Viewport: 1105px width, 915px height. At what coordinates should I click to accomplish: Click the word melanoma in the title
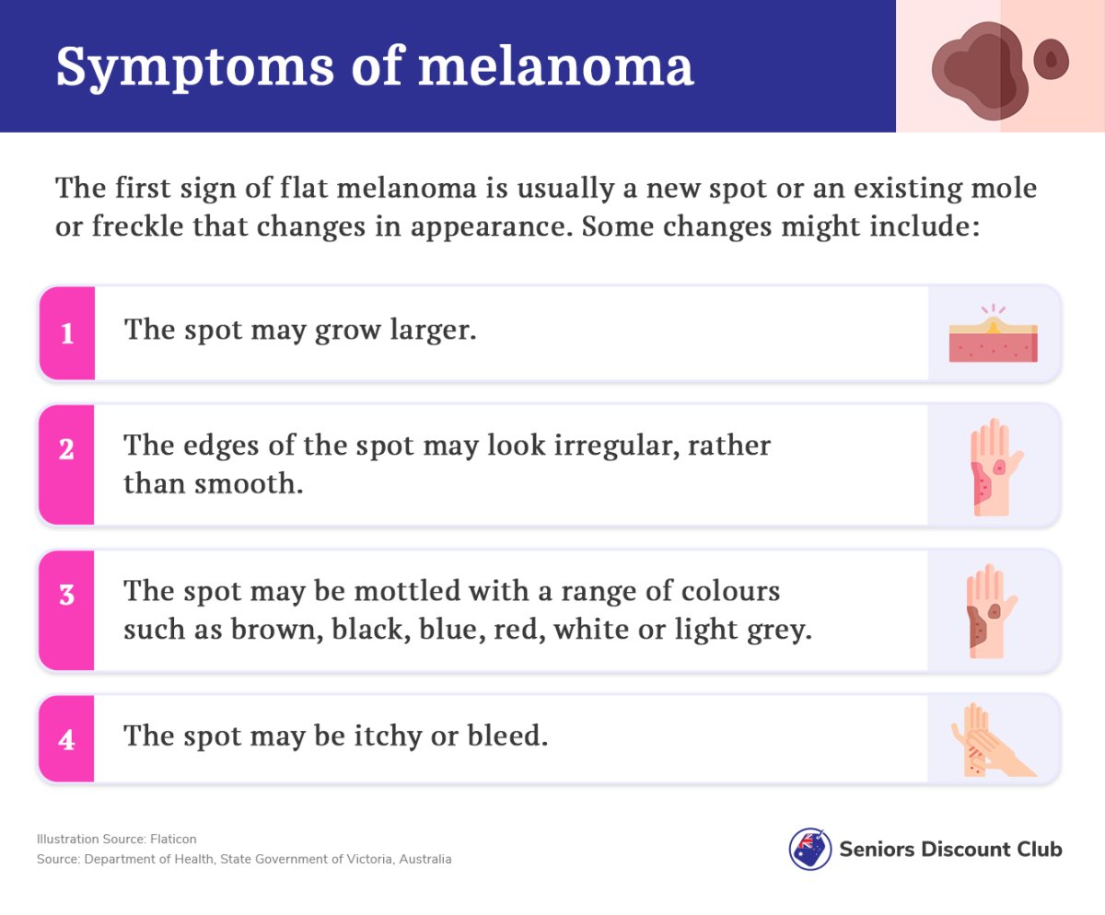(555, 66)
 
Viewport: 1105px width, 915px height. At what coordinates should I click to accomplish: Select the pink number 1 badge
(67, 333)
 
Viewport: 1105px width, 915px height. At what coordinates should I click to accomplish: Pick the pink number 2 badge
(66, 465)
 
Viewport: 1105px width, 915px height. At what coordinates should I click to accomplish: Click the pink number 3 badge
(66, 610)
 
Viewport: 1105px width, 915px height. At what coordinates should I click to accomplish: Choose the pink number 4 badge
(66, 738)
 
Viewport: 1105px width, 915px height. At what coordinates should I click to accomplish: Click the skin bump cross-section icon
(994, 333)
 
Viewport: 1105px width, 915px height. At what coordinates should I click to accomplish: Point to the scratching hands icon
(994, 740)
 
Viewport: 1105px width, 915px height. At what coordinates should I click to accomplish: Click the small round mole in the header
(1051, 59)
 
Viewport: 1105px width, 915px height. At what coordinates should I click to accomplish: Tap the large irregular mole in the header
(980, 71)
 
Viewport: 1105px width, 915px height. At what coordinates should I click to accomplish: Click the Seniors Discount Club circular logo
(809, 849)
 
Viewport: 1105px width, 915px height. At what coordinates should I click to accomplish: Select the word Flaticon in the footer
(173, 839)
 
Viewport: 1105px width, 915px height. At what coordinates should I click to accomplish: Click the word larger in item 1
(433, 330)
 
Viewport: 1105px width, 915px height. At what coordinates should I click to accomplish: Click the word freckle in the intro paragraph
(137, 226)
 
